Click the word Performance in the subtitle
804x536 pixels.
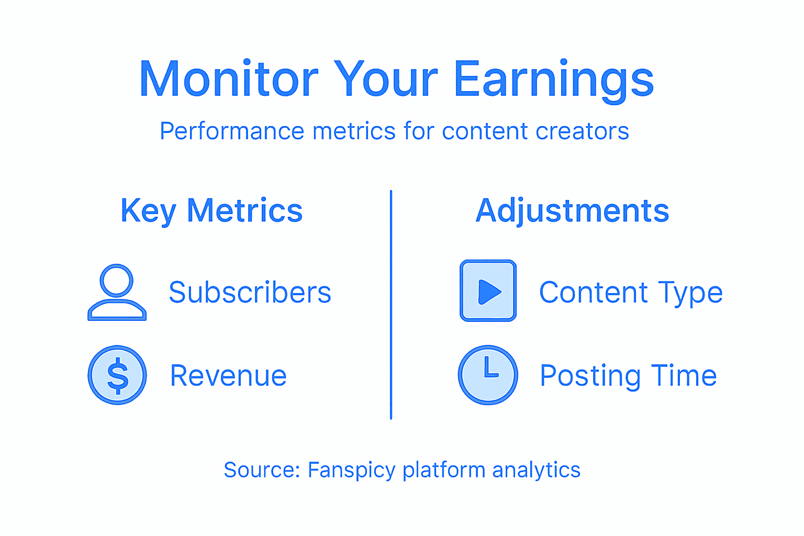tap(232, 131)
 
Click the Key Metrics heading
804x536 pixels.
tap(211, 211)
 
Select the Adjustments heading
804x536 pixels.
tap(572, 211)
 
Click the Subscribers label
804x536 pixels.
tap(250, 292)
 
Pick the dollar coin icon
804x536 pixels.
tap(117, 375)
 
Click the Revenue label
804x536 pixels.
tap(228, 375)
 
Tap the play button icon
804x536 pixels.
tap(488, 291)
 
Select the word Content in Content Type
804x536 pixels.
tap(594, 292)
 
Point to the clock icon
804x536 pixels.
tap(488, 375)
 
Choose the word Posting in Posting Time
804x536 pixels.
tap(590, 376)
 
